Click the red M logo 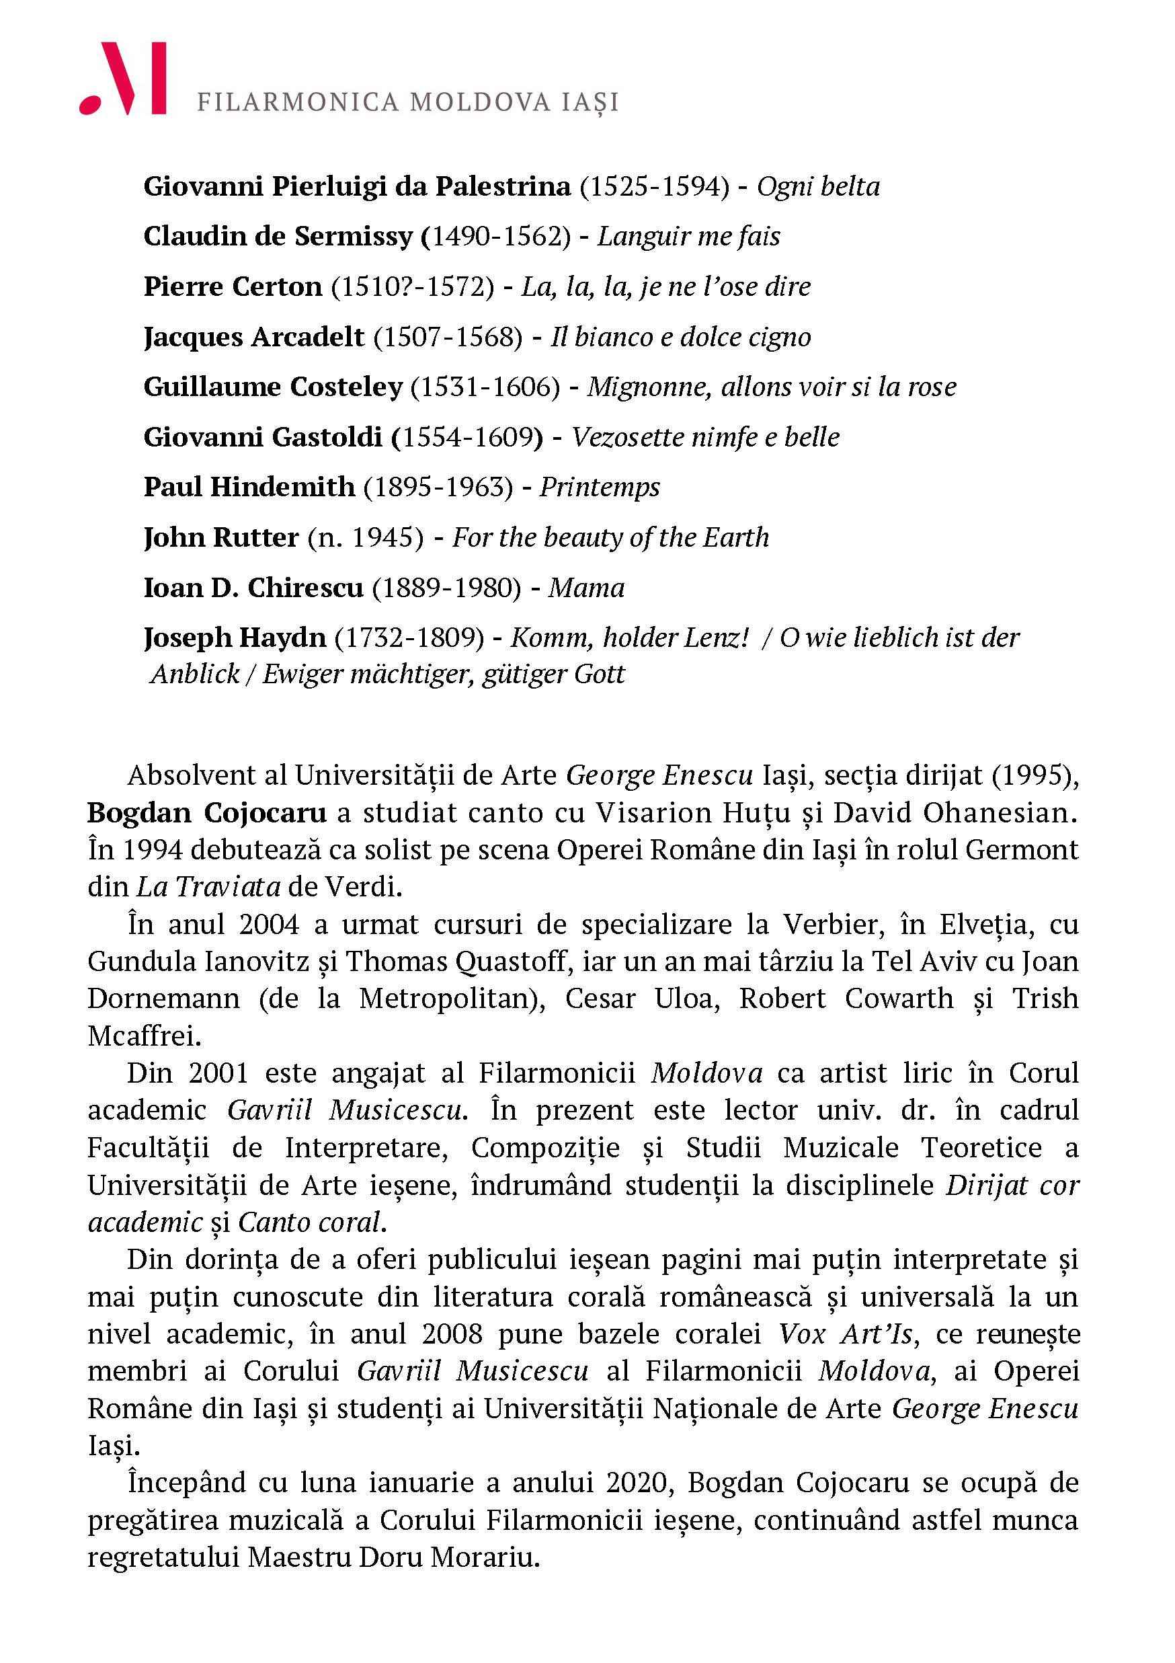pos(123,79)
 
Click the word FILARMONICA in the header pos(298,102)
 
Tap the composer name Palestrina pos(502,187)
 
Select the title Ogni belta pos(818,187)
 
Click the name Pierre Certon pos(233,287)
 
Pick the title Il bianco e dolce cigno pos(680,337)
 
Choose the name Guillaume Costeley pos(272,387)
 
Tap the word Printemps pos(600,487)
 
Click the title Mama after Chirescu pos(585,588)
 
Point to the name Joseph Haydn pos(235,637)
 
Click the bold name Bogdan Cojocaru pos(207,812)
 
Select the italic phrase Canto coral pos(309,1223)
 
